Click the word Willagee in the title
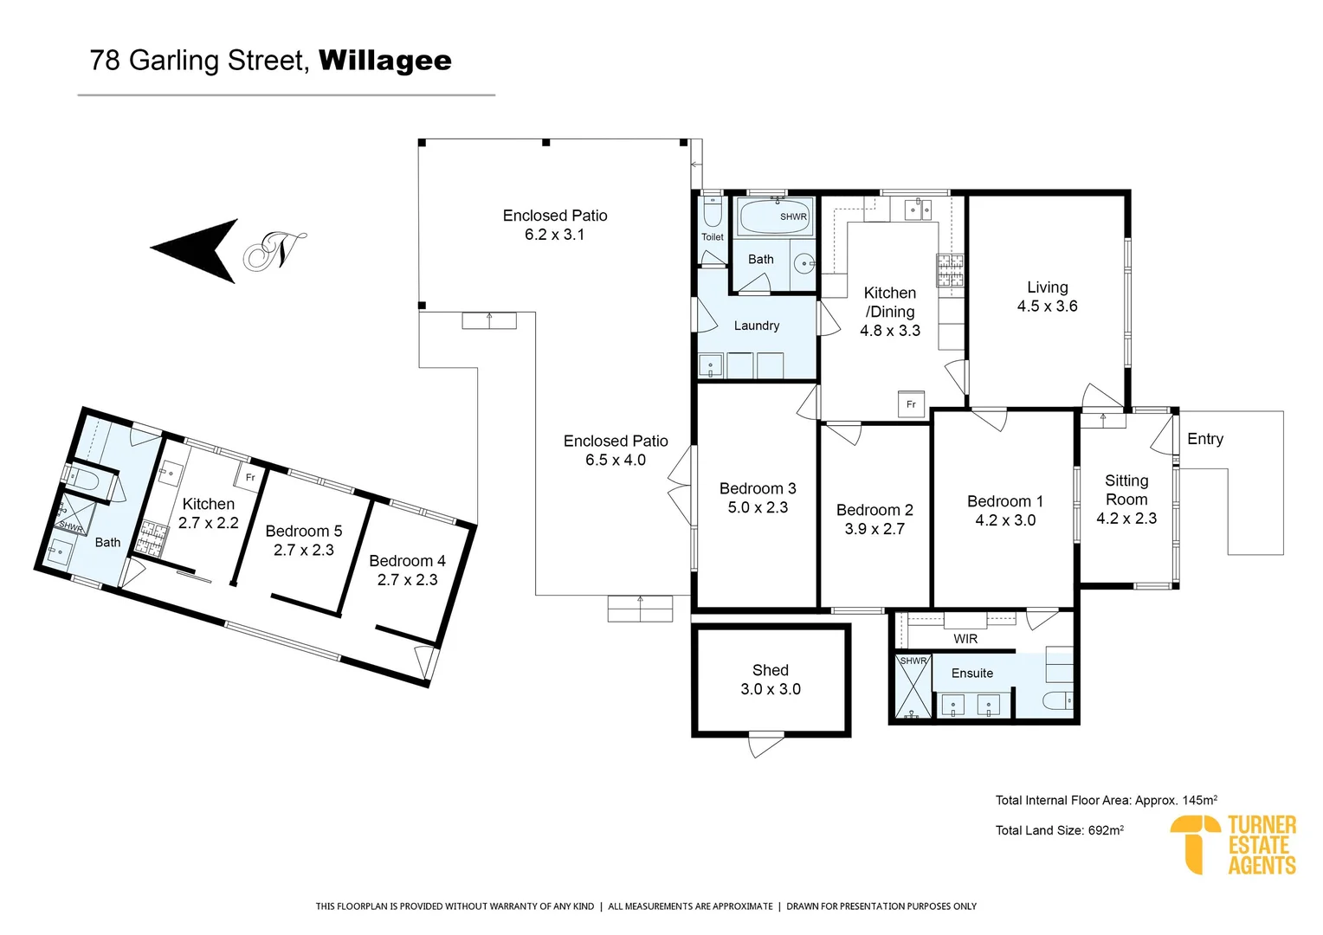click(384, 61)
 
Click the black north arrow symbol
click(197, 250)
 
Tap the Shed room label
click(770, 670)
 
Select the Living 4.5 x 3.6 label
click(1047, 296)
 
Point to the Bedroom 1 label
click(1004, 501)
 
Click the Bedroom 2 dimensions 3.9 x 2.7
click(874, 529)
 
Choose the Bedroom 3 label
click(757, 489)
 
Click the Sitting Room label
click(1126, 490)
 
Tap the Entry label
click(1204, 439)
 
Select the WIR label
click(965, 639)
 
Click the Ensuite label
click(971, 673)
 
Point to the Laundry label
click(756, 326)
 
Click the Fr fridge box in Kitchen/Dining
click(911, 404)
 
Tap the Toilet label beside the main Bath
click(712, 237)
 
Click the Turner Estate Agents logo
click(1233, 844)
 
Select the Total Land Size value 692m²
click(1106, 830)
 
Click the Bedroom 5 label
click(303, 531)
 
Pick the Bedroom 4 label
click(407, 561)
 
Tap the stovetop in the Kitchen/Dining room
click(949, 270)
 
